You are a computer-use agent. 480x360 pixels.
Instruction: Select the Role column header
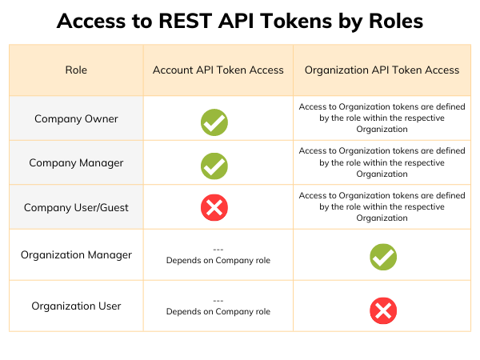click(x=76, y=70)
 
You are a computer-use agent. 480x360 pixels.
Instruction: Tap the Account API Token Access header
click(x=218, y=70)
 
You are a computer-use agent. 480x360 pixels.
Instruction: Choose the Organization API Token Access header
click(x=382, y=70)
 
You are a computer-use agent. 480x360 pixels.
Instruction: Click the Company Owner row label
click(x=76, y=118)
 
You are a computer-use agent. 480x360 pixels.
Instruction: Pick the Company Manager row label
click(x=76, y=162)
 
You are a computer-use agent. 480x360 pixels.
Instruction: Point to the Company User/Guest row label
click(x=76, y=207)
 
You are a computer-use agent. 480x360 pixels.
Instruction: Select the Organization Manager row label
click(x=76, y=255)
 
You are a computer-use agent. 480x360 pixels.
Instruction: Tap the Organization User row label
click(x=76, y=306)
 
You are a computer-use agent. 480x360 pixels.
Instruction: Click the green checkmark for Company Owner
click(x=214, y=122)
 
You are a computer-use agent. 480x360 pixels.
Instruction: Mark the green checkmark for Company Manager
click(x=214, y=166)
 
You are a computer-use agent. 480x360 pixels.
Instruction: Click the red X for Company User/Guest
click(x=214, y=209)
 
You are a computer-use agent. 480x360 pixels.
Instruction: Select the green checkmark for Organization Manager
click(x=383, y=257)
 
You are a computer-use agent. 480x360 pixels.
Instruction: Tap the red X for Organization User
click(x=383, y=310)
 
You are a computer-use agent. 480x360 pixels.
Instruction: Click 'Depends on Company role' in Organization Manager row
click(x=218, y=261)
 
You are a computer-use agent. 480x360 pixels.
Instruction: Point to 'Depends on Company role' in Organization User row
click(x=218, y=312)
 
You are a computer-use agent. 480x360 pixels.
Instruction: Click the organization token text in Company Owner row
click(x=382, y=118)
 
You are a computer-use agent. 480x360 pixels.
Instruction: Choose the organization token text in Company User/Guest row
click(x=382, y=206)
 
